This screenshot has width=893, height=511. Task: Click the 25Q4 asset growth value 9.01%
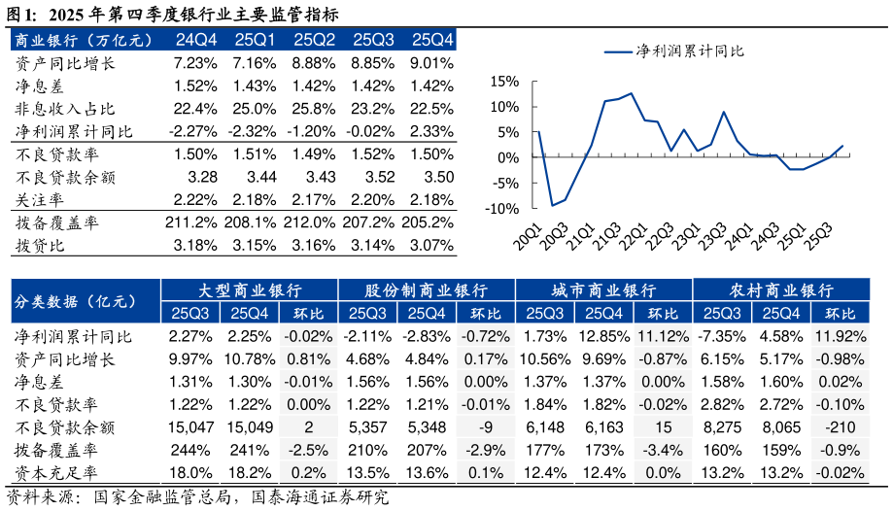click(x=432, y=63)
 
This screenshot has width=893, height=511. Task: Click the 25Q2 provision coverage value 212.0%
click(x=314, y=223)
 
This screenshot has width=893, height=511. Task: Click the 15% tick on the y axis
click(x=505, y=82)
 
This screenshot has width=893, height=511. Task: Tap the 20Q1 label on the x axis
click(x=528, y=236)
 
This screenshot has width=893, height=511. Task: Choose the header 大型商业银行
click(x=249, y=290)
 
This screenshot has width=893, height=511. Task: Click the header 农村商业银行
click(x=781, y=290)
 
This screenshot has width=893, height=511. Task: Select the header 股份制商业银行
click(x=426, y=290)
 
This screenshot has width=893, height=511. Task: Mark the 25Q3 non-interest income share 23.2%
click(x=374, y=109)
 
